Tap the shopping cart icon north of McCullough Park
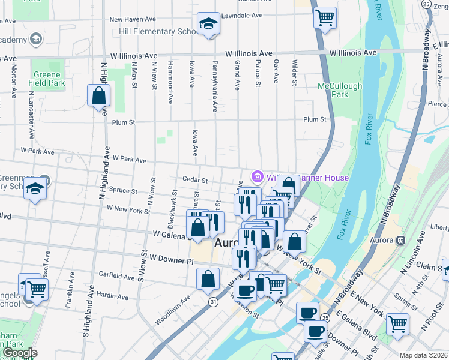tap(325, 17)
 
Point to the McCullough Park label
tap(340, 90)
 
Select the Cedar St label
tap(196, 180)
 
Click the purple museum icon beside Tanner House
tap(258, 177)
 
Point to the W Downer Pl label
tap(172, 258)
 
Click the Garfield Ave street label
tap(118, 277)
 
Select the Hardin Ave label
tap(112, 296)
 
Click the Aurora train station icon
tap(400, 240)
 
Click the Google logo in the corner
tap(19, 353)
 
